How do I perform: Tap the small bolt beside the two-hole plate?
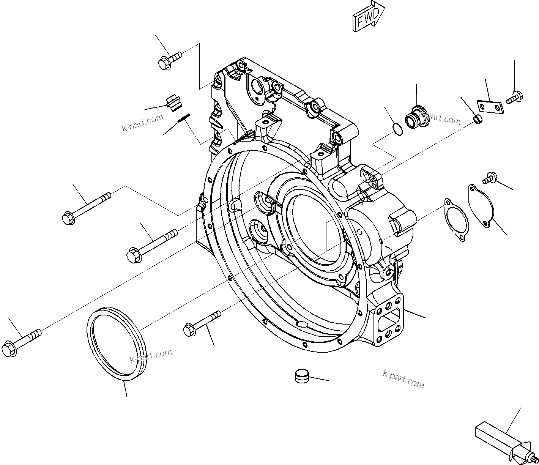click(x=514, y=97)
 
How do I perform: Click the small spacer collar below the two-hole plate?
click(x=478, y=121)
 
